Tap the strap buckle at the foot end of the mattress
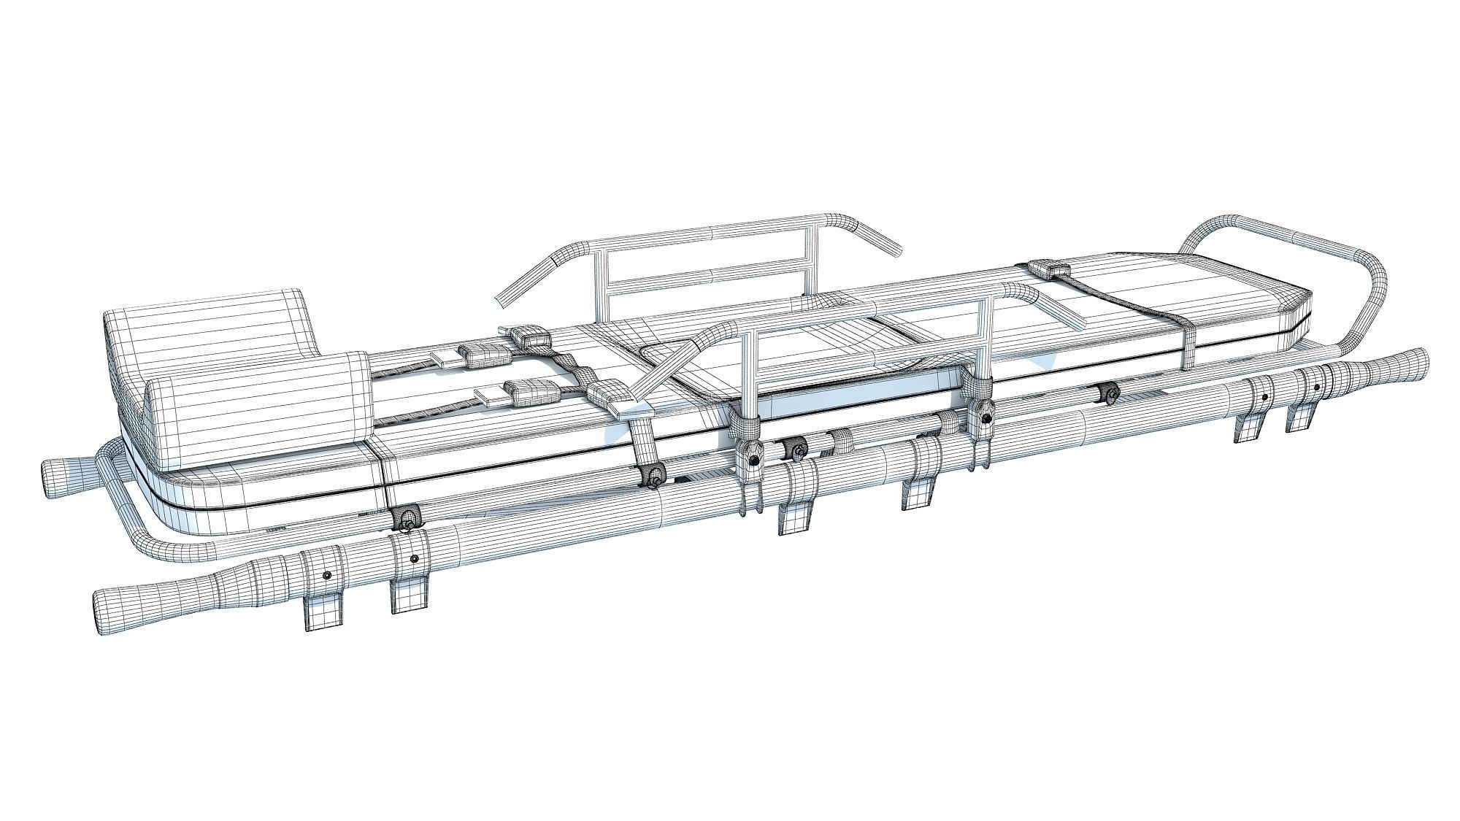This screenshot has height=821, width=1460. (x=1049, y=269)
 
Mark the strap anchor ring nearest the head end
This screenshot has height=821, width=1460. (x=406, y=519)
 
